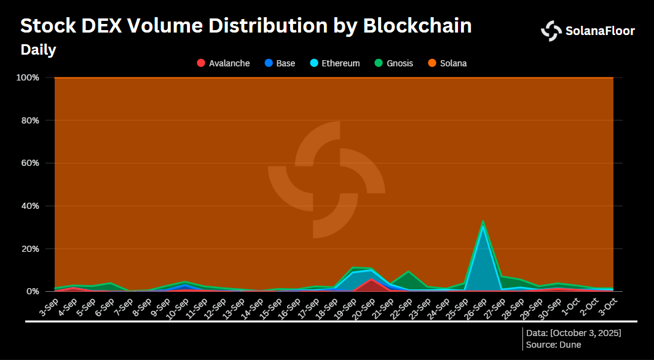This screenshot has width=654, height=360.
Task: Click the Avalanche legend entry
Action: tap(223, 63)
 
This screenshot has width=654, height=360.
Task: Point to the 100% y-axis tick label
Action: tap(28, 77)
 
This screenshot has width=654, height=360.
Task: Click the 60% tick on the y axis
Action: tap(30, 163)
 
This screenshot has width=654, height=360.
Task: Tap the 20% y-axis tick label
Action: tap(30, 249)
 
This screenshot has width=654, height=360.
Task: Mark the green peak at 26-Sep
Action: tap(483, 221)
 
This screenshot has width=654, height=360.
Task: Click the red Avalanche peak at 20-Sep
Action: tap(371, 280)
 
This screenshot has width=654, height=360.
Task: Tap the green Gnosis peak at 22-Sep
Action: tap(408, 272)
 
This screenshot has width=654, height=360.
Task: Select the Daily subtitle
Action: tap(38, 50)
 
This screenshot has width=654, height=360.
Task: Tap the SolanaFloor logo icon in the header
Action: tap(551, 31)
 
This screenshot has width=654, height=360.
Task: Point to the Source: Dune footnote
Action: tap(553, 345)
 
